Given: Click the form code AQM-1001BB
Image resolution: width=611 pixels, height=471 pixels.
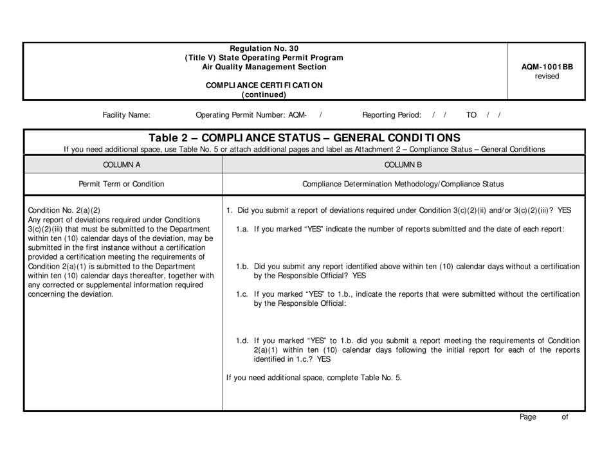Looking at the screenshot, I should tap(547, 66).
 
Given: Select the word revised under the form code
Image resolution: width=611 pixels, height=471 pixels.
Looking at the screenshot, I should tap(547, 76).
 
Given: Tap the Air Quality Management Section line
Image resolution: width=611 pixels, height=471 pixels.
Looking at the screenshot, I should tap(264, 67).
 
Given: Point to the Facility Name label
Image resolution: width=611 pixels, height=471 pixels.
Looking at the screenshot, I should tap(127, 116).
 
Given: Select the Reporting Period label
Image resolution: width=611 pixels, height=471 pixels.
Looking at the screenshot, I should tap(392, 116).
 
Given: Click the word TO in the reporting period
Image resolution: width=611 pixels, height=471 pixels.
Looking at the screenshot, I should tap(471, 116).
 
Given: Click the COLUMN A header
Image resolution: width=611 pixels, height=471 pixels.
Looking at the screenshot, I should tap(122, 164).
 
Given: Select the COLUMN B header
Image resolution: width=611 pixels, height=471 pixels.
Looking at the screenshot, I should tap(403, 164).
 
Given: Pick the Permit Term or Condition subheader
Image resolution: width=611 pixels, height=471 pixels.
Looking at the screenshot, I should tap(122, 184).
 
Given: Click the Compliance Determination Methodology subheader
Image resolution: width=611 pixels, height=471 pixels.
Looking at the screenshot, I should tap(403, 184).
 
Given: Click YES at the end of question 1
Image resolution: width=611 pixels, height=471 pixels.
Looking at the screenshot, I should tap(564, 210).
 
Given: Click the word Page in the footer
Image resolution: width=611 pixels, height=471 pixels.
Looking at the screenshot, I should tap(528, 417).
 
